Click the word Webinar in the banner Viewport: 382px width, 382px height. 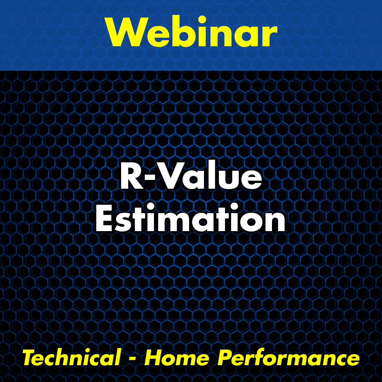coord(192,31)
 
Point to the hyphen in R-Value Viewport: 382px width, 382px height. coord(150,178)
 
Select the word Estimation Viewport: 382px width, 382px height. coord(190,218)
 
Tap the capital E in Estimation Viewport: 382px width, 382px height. coord(105,218)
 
